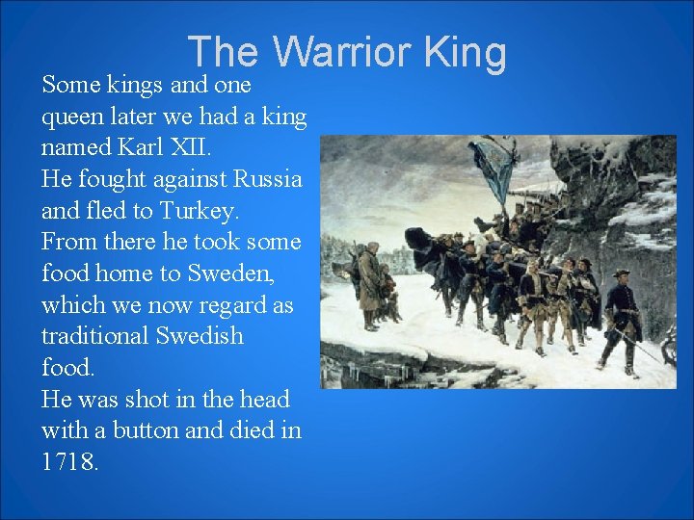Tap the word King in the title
(x=465, y=52)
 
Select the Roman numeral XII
(x=197, y=148)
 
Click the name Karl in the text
(x=143, y=148)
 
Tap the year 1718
(x=69, y=462)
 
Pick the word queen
(x=72, y=117)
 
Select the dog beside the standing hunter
(x=387, y=294)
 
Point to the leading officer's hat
(x=621, y=274)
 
